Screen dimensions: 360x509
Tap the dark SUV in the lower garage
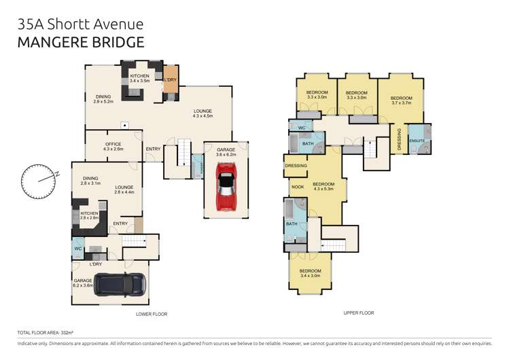[120, 284]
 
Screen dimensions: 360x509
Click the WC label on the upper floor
[301, 127]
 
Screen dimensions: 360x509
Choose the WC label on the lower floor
[78, 249]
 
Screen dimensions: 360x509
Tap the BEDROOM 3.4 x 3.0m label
[309, 274]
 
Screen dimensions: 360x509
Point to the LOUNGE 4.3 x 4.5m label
[203, 113]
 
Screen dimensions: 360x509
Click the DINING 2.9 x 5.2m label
[103, 99]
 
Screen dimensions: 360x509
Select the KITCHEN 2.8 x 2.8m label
[90, 215]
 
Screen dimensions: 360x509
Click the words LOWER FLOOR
[151, 314]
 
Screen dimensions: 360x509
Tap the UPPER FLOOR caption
[358, 313]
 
